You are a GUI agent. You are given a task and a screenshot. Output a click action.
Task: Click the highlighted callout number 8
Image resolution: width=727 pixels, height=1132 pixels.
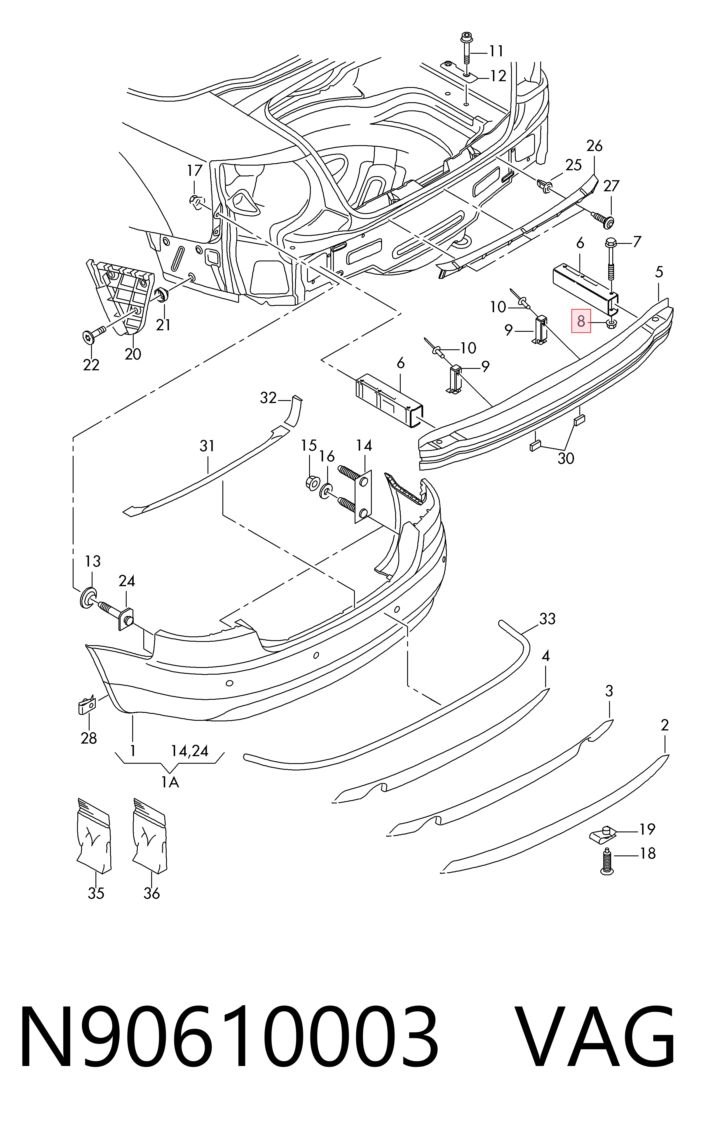[581, 321]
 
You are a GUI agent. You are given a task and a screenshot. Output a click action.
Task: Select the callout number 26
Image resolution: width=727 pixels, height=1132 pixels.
[594, 146]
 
